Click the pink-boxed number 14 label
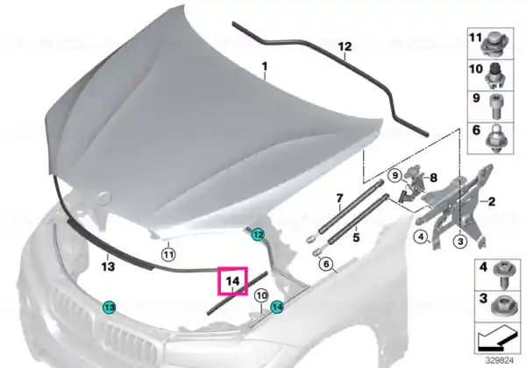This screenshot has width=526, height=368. tap(233, 281)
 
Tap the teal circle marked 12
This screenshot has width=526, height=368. tap(258, 235)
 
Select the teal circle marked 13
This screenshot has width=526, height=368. tap(109, 307)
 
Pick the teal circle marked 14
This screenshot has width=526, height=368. tap(277, 307)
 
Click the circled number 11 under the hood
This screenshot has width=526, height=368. tap(168, 255)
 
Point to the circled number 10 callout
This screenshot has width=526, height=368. tap(261, 295)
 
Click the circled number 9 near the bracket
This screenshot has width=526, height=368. tap(395, 175)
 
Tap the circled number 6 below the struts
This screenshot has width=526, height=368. tap(326, 264)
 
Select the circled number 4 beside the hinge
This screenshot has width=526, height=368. tap(421, 237)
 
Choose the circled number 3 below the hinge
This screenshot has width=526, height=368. tap(460, 241)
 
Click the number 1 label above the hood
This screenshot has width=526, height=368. tap(265, 67)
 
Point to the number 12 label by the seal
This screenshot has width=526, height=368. tap(345, 46)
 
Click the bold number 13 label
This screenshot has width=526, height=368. tap(108, 266)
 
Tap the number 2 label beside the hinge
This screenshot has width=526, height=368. tap(492, 202)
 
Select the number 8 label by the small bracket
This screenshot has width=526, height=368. tap(433, 178)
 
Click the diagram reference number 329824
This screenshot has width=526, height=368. tap(499, 361)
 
